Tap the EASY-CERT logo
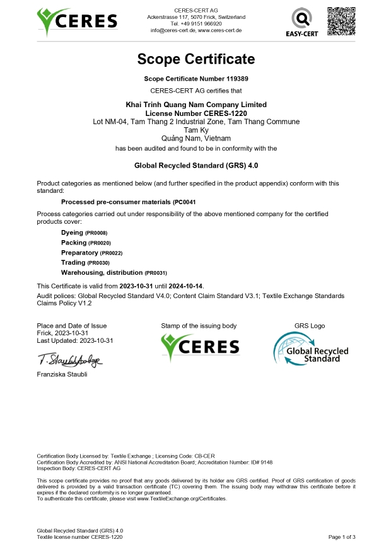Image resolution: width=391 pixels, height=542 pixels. point(300,21)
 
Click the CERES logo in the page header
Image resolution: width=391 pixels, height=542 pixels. point(77,22)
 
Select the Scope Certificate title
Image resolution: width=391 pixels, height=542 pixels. point(195,59)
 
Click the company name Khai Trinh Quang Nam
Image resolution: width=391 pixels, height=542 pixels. point(195,105)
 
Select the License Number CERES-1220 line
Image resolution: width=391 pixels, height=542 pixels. point(195,113)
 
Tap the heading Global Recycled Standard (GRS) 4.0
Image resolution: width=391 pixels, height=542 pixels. point(195,166)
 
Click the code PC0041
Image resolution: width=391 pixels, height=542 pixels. point(185,202)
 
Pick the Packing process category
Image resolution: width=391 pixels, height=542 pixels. point(74,243)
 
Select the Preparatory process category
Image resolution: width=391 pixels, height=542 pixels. point(80,252)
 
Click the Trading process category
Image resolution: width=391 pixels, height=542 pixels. point(73,262)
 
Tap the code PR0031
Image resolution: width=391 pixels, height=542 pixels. point(156,272)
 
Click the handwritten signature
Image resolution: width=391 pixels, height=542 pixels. point(69,360)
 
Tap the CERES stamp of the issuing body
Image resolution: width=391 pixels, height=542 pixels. point(200,347)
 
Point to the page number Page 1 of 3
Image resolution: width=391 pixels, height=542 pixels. point(342,536)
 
